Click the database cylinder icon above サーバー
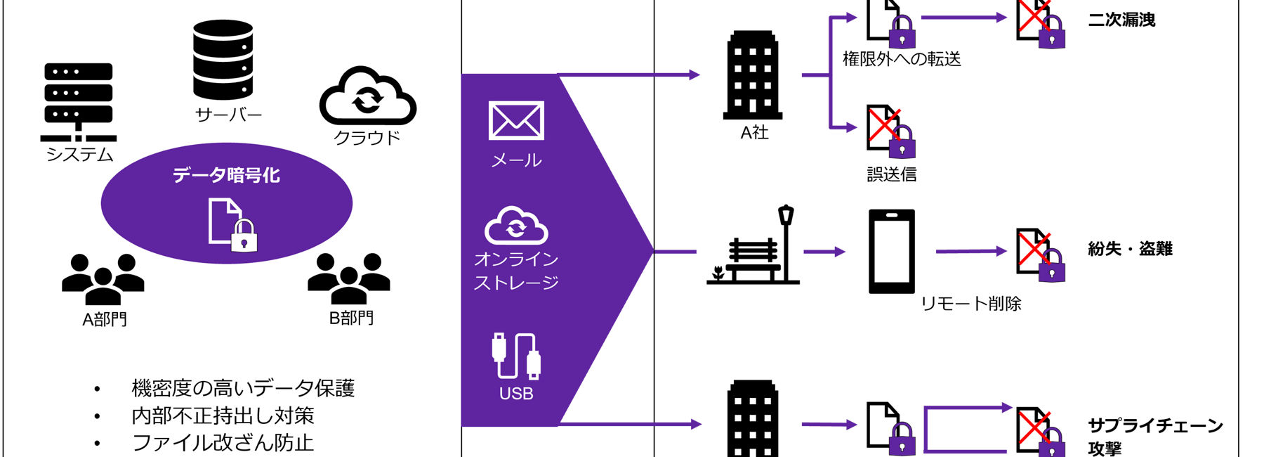click(223, 60)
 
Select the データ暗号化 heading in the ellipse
click(226, 175)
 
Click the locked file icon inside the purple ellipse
click(232, 224)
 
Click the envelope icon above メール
click(516, 121)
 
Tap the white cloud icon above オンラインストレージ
click(516, 226)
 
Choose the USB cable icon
click(516, 356)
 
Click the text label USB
click(516, 394)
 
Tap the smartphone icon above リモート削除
click(891, 251)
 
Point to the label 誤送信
click(892, 174)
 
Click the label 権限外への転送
click(902, 59)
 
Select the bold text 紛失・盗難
click(1130, 249)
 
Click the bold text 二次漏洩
click(1121, 20)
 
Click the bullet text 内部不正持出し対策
click(223, 416)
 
